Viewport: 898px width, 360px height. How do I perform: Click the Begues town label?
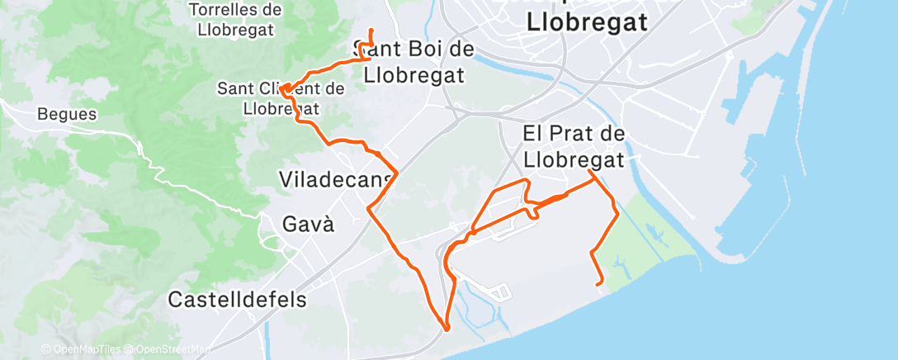[67, 115]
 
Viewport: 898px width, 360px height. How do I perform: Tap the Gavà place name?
[308, 224]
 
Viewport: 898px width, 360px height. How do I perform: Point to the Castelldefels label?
[237, 299]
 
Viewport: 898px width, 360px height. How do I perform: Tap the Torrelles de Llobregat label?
[235, 19]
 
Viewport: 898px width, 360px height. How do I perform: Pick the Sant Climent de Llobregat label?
[281, 97]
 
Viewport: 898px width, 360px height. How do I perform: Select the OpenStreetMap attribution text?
[168, 349]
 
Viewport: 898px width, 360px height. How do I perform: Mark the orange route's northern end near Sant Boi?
[371, 31]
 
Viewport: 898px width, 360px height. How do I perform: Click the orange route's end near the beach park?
[599, 283]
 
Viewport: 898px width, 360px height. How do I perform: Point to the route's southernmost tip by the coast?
[447, 329]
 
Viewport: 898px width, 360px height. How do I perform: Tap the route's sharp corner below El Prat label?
[590, 172]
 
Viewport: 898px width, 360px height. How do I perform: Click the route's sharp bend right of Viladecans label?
[397, 173]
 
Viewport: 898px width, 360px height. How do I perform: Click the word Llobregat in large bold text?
[586, 23]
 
